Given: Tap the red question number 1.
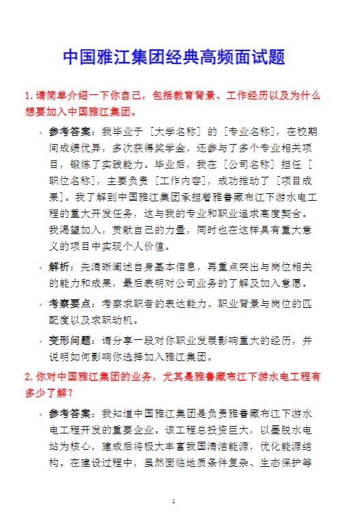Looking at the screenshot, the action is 27,96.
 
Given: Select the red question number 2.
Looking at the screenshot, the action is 27,375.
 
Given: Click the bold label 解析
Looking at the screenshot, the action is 59,266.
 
